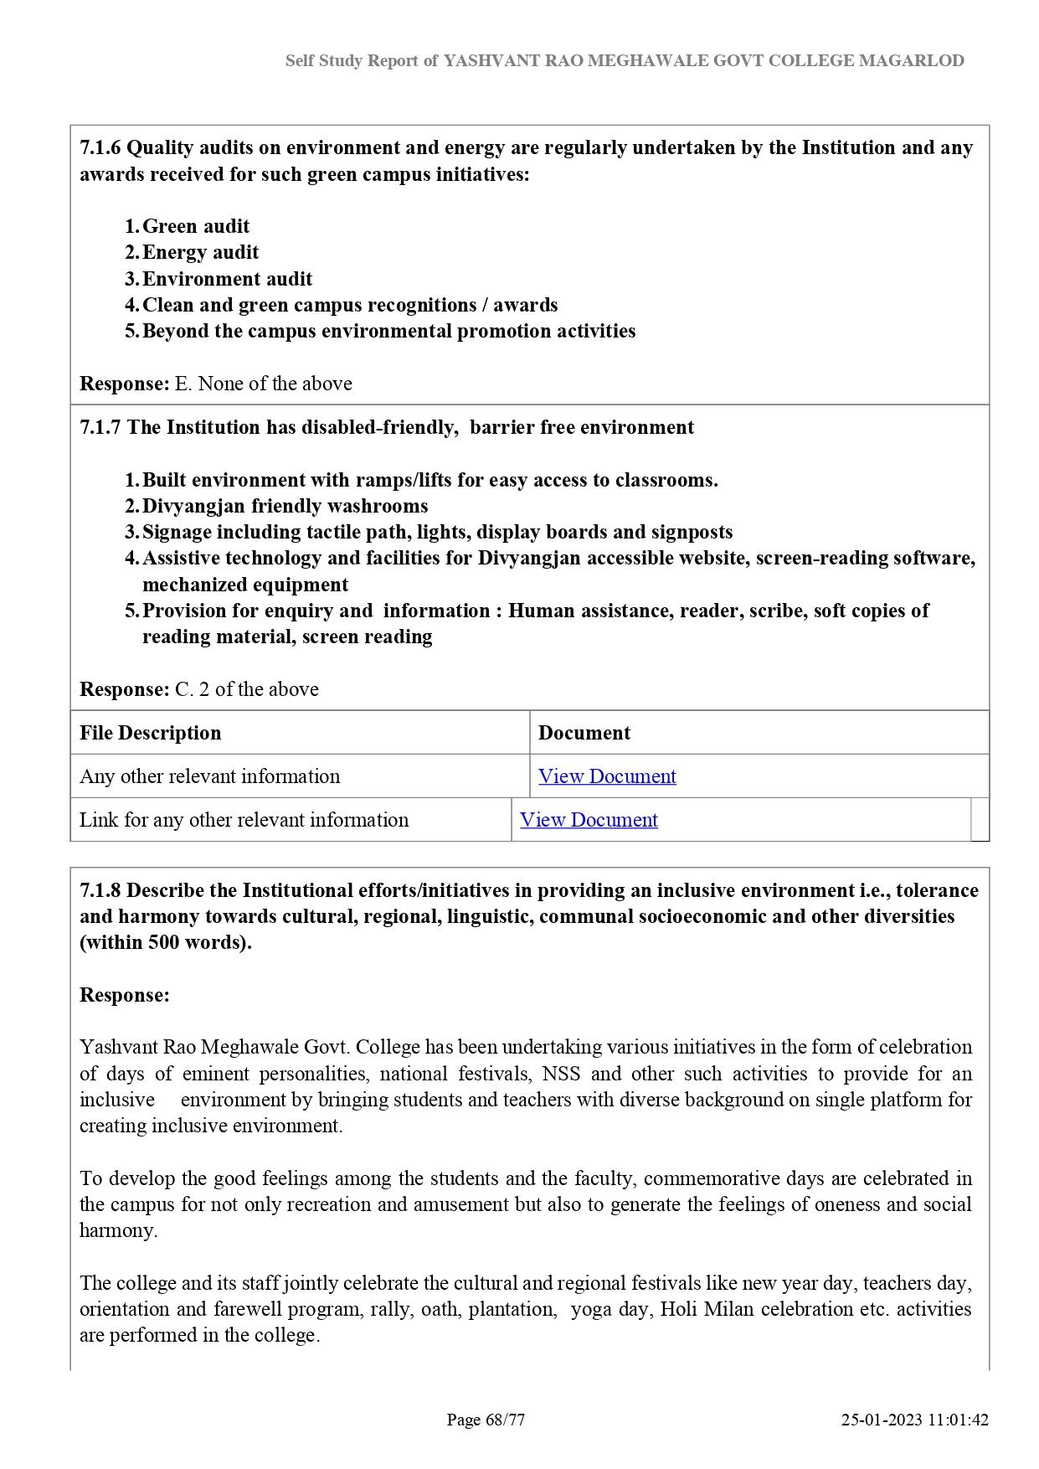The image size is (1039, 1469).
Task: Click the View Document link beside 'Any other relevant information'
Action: pyautogui.click(x=607, y=776)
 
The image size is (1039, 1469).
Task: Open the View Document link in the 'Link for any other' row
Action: pyautogui.click(x=589, y=820)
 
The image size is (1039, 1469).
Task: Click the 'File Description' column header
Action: pyautogui.click(x=151, y=733)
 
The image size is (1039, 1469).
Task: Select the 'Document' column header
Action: pyautogui.click(x=584, y=733)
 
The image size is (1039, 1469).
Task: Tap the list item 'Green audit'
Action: pyautogui.click(x=196, y=226)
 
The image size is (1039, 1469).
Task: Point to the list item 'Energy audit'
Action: pyautogui.click(x=200, y=252)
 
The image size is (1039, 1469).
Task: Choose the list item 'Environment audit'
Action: pyautogui.click(x=227, y=279)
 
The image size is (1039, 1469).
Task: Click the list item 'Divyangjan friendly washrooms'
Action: pyautogui.click(x=285, y=506)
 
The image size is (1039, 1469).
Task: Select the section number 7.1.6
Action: pyautogui.click(x=100, y=147)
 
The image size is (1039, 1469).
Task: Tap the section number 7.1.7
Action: pyautogui.click(x=100, y=427)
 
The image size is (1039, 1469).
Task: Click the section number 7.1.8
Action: pyautogui.click(x=100, y=890)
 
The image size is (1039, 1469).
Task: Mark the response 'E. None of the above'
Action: pyautogui.click(x=263, y=384)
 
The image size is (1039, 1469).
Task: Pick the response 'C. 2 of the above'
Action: pyautogui.click(x=246, y=689)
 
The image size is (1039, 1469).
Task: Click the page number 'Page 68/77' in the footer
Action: pyautogui.click(x=486, y=1420)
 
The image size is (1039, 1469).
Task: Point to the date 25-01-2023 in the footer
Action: pyautogui.click(x=882, y=1420)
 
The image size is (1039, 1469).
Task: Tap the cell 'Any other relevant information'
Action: pyautogui.click(x=210, y=776)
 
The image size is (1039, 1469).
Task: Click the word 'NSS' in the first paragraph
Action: pyautogui.click(x=560, y=1074)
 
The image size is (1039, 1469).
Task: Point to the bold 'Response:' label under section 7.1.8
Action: pyautogui.click(x=124, y=995)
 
